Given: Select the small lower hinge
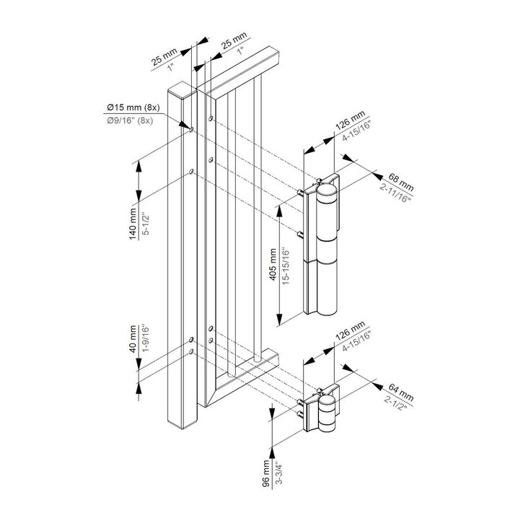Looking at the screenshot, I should click(324, 412).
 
